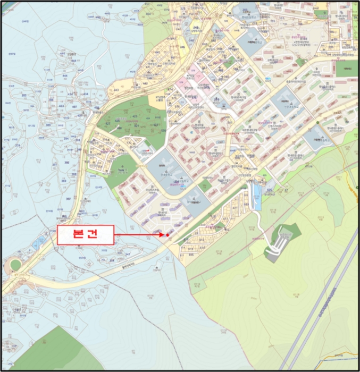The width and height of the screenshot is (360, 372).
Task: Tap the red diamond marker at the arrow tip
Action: (x=167, y=235)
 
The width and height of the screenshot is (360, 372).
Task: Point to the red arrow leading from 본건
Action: (x=138, y=234)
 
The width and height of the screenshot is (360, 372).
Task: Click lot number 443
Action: (x=116, y=90)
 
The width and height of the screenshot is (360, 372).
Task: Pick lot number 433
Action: (x=61, y=106)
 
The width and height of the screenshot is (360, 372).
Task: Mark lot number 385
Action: (x=24, y=96)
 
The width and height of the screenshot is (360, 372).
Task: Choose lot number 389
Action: (x=48, y=125)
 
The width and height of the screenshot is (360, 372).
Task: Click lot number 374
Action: (x=18, y=145)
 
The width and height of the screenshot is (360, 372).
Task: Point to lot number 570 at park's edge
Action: (x=163, y=131)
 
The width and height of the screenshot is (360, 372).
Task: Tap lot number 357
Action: (x=68, y=199)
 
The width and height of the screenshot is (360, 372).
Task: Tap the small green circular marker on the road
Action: (x=317, y=123)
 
